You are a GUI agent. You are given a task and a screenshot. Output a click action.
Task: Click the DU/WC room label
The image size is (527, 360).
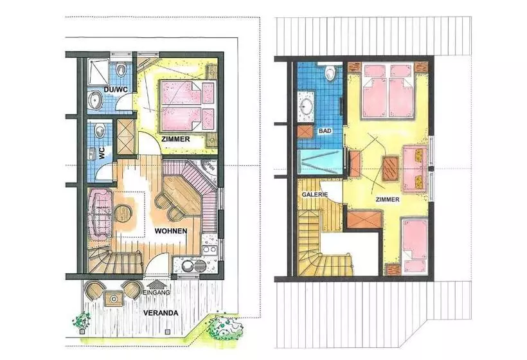click(115, 90)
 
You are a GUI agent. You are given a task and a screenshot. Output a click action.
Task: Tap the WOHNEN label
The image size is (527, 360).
click(171, 231)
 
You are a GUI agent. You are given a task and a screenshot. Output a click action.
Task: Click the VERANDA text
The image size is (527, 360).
click(161, 313)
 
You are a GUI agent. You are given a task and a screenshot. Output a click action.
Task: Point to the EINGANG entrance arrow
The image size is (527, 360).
click(156, 285)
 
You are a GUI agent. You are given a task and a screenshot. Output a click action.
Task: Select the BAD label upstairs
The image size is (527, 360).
click(325, 130)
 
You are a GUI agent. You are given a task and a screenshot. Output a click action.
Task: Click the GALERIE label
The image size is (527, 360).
click(314, 194)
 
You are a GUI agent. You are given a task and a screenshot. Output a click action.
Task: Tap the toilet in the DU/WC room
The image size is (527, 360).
click(120, 69)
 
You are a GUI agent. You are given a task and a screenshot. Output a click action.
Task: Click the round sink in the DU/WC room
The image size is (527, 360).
click(96, 100)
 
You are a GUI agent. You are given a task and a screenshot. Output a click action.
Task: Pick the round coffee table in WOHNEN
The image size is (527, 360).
click(123, 213)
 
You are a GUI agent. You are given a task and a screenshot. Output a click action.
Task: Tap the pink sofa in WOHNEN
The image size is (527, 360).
click(100, 213)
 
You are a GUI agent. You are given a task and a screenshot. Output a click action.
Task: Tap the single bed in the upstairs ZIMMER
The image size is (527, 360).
click(415, 246)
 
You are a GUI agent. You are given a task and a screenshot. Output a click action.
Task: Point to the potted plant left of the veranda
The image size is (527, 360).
click(82, 322)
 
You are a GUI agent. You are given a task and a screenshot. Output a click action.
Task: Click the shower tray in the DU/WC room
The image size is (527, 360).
click(98, 71)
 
